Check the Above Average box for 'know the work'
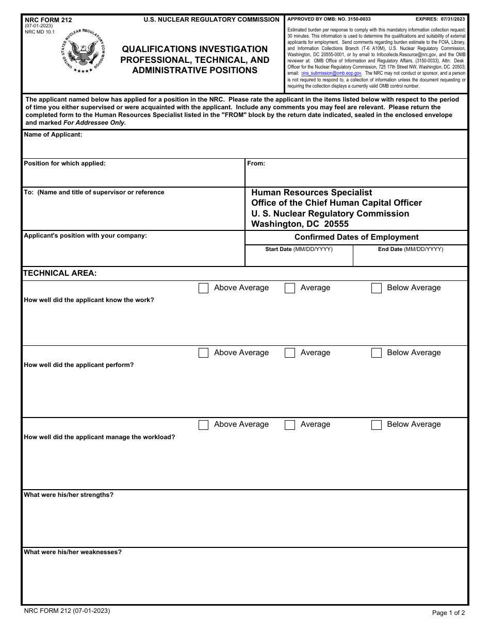(203, 288)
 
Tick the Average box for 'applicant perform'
(290, 353)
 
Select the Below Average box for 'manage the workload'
(377, 425)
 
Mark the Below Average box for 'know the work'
(377, 288)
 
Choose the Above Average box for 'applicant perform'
(203, 353)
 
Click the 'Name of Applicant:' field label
(53, 135)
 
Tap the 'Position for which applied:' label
(64, 163)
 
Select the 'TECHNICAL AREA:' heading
(60, 273)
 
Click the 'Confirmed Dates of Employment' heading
(356, 237)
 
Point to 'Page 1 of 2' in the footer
(448, 613)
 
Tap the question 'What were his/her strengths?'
(69, 495)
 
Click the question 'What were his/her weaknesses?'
(73, 552)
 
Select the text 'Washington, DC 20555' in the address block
(300, 224)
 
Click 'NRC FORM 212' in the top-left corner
(48, 20)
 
